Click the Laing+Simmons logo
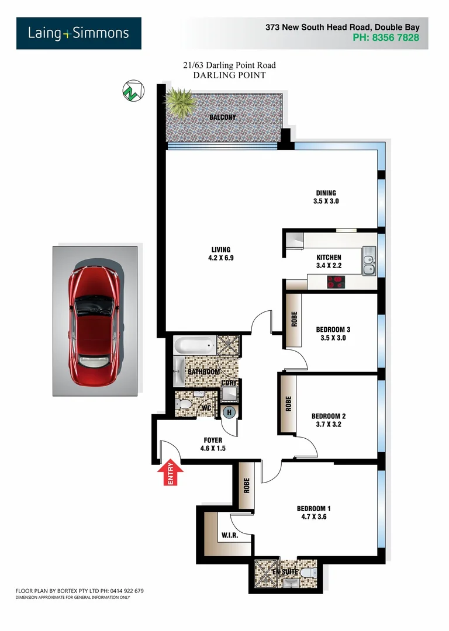78,33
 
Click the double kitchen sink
368,261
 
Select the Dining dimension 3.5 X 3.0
326,201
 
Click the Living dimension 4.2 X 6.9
220,258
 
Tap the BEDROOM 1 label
314,508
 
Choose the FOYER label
212,440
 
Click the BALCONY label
223,117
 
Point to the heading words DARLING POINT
229,75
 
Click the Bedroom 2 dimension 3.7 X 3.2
328,425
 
